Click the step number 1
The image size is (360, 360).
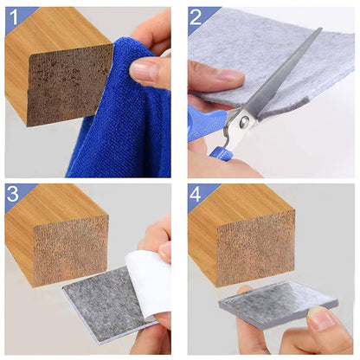pos(15,16)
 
